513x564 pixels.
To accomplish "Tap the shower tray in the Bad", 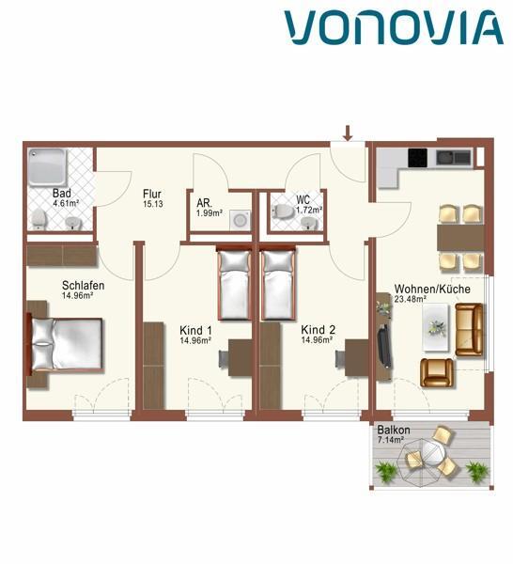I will pos(45,168).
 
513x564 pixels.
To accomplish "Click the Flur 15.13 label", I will pos(153,198).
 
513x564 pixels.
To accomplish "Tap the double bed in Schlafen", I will pos(66,344).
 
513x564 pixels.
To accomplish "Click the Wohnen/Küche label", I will pos(431,293).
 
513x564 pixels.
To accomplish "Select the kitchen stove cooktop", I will pos(417,156).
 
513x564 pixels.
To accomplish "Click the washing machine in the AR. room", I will pos(241,220).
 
